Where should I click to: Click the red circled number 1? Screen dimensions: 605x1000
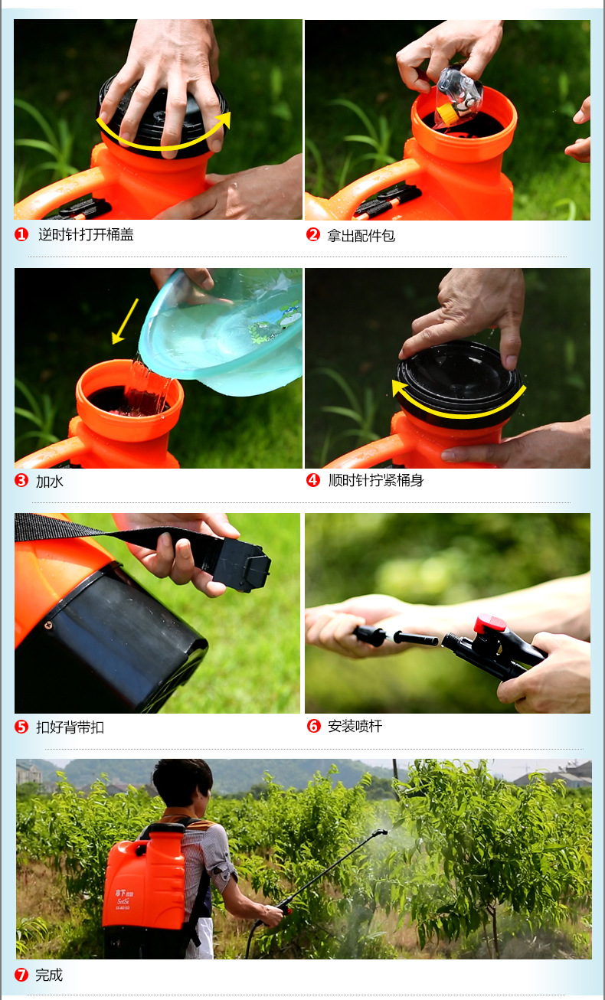21,234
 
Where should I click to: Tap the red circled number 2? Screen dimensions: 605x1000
313,234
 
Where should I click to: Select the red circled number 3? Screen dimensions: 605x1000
21,480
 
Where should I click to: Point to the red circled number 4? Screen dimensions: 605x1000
313,480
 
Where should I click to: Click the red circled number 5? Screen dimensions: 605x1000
21,727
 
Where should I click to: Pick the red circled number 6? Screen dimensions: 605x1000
313,726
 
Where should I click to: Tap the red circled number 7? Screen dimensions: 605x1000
21,975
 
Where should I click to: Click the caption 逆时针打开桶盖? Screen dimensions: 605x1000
87,234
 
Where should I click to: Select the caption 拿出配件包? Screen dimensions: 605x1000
361,235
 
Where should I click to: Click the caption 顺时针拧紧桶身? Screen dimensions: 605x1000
376,480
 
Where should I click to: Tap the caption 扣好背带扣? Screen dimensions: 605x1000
70,727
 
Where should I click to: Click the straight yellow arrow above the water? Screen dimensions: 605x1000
125,322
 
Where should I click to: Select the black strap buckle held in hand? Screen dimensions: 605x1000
241,565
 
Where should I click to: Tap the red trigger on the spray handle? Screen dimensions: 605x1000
490,624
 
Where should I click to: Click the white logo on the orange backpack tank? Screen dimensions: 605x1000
123,899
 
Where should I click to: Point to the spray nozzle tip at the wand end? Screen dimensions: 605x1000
381,832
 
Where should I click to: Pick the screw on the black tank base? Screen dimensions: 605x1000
50,626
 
